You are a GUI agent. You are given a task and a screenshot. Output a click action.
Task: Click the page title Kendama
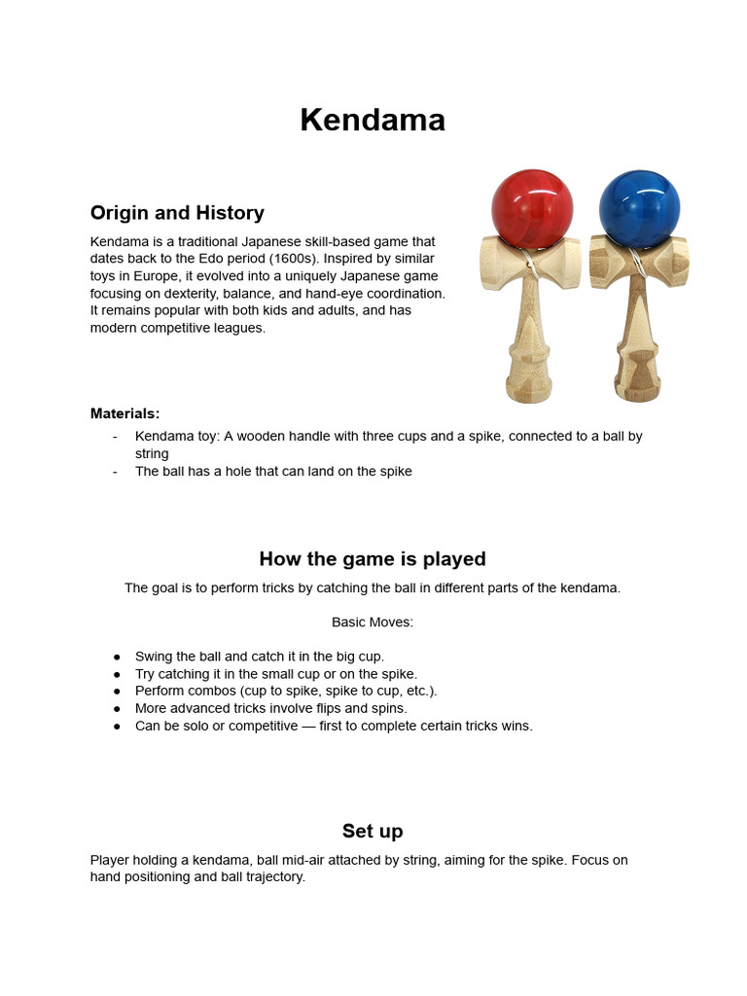point(373,121)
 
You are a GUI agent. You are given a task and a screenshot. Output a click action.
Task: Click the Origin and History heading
point(177,212)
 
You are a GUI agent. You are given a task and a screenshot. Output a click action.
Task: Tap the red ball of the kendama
point(531,208)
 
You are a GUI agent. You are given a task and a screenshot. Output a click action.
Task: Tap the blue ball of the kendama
point(638,208)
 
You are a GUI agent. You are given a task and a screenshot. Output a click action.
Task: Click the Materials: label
point(125,413)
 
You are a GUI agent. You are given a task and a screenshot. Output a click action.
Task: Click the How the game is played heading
point(373,559)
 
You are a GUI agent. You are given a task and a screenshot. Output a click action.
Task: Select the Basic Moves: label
point(373,622)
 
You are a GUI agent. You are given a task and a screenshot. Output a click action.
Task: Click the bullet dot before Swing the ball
point(117,657)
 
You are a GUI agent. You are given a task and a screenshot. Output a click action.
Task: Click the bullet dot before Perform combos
point(117,692)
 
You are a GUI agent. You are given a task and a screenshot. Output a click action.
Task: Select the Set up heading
point(373,831)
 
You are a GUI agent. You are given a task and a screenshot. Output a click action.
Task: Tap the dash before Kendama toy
point(115,437)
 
